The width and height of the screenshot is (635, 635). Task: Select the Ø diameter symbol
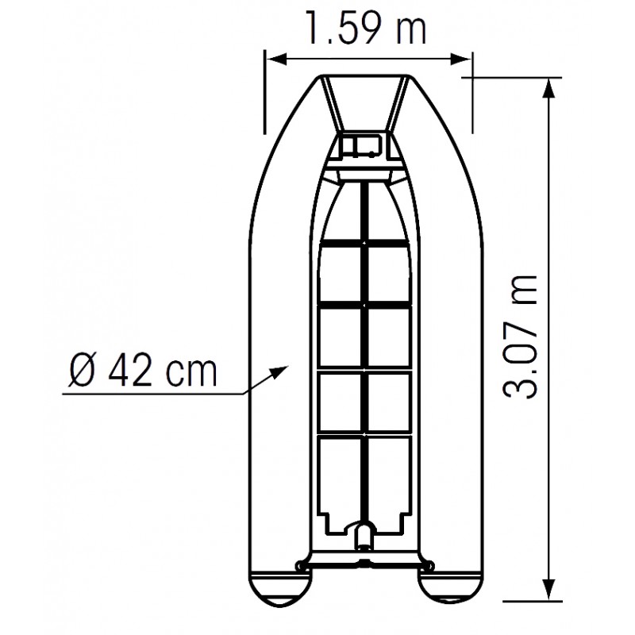point(83,371)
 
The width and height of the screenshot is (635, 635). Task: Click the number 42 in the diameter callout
point(130,371)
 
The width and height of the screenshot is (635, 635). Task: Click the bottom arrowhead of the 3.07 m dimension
point(547,589)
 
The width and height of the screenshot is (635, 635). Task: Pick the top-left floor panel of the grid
point(341,271)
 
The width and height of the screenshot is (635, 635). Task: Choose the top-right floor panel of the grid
point(389,271)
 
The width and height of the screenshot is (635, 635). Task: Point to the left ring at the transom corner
point(298,565)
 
